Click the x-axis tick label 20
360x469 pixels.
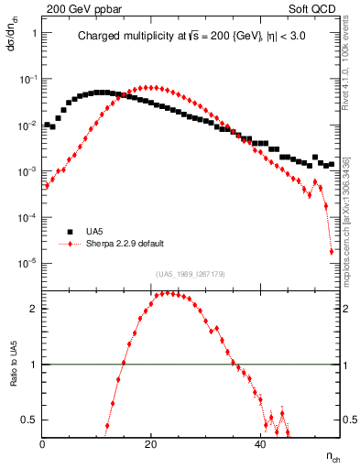[x=152, y=445]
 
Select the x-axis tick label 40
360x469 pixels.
[x=261, y=445]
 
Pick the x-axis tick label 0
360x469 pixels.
[x=43, y=445]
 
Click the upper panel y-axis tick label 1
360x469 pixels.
[x=34, y=33]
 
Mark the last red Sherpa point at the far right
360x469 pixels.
[x=332, y=252]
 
